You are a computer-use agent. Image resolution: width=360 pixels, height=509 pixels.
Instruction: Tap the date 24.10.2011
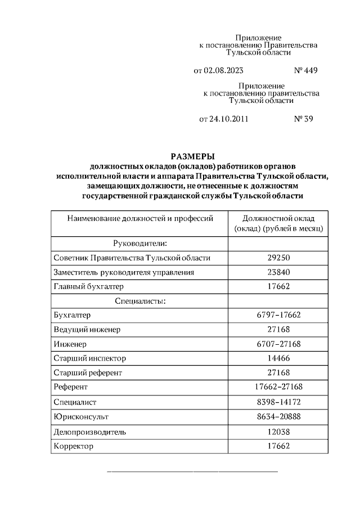point(229,119)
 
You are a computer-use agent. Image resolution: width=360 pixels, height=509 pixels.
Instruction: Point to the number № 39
point(303,119)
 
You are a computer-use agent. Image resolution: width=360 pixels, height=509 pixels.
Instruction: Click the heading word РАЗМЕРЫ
point(193,156)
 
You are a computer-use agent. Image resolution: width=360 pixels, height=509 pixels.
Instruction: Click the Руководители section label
point(139,243)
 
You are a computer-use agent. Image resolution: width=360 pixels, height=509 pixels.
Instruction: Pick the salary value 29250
point(279,258)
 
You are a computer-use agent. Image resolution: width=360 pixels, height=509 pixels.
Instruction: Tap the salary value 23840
point(279,272)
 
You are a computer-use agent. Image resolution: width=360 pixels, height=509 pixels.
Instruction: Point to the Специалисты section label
point(139,301)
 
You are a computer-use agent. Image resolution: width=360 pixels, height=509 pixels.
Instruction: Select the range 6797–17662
point(279,316)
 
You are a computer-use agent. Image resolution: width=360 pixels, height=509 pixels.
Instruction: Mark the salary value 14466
point(279,358)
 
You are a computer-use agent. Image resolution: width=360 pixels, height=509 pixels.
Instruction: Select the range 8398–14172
point(279,403)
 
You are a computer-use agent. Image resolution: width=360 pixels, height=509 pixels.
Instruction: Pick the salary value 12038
point(279,432)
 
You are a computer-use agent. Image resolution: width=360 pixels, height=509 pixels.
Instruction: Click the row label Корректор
point(73,447)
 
